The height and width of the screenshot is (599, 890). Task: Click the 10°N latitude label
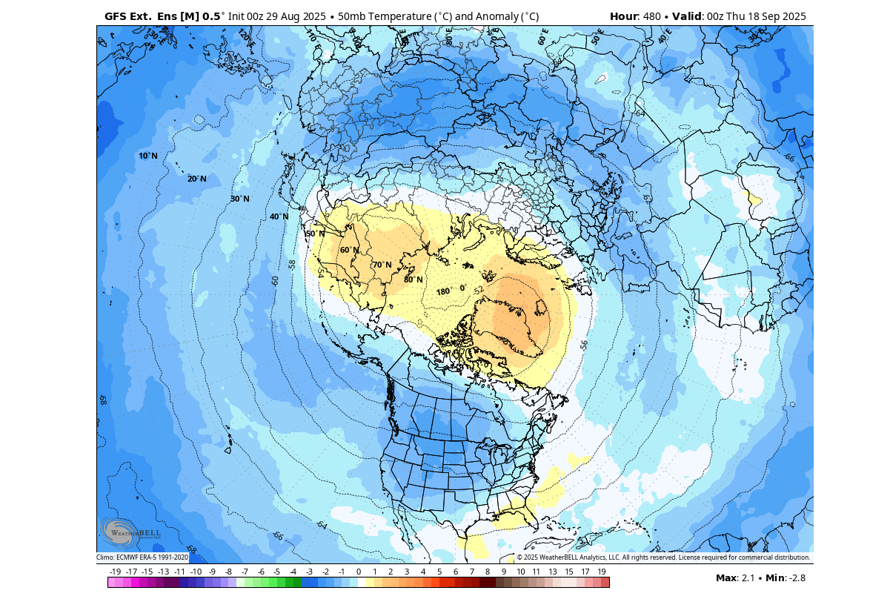tap(148, 156)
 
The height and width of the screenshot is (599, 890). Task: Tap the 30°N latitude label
tap(239, 199)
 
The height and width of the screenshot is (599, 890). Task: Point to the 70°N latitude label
tap(382, 265)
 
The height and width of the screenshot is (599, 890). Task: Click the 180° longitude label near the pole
tap(443, 291)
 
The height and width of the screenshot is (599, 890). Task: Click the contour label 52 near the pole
tap(478, 290)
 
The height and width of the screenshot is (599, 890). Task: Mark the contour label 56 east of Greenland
tap(584, 345)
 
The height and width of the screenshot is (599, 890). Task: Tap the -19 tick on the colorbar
tap(115, 572)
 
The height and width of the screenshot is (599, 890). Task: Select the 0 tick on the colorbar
tap(359, 572)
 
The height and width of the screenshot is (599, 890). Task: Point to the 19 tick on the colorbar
tap(602, 572)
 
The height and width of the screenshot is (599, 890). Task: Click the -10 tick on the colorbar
tap(196, 572)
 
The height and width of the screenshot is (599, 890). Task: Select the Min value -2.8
tap(797, 578)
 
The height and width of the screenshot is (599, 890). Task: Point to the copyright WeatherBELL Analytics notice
tap(662, 557)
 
